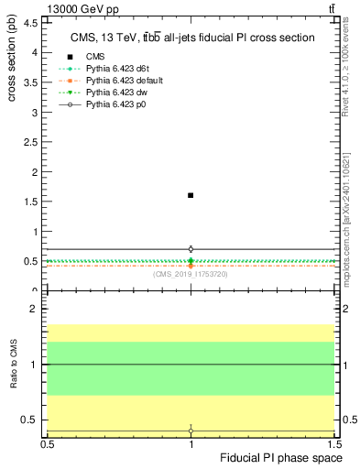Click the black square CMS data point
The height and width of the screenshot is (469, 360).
191,195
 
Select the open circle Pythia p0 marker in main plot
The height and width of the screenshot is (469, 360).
191,248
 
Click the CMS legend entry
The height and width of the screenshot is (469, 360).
95,57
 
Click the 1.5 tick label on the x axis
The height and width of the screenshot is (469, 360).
333,442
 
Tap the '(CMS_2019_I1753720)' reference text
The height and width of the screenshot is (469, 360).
191,274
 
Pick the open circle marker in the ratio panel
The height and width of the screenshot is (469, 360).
191,431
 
